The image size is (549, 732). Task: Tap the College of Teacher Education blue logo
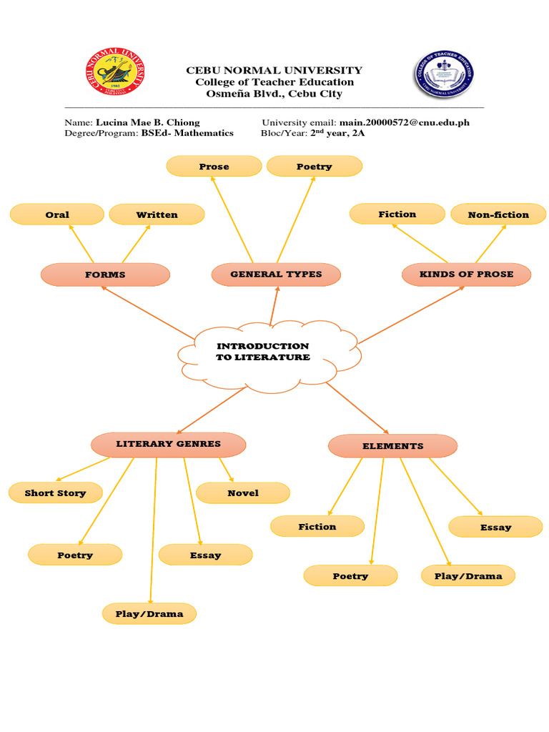point(442,74)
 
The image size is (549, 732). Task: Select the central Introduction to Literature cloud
point(262,352)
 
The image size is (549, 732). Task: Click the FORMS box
point(105,274)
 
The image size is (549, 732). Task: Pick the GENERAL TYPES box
point(276,274)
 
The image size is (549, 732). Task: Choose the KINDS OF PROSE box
point(466,274)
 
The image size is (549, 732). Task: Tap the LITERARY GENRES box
point(169,444)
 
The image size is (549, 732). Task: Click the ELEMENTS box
point(392,446)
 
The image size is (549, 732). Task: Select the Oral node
point(57,214)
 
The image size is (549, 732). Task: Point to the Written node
point(157,214)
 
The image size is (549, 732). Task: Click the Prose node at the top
point(214,167)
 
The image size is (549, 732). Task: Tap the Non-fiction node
point(498,214)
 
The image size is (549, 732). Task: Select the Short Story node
point(55,493)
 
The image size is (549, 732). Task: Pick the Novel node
point(243,493)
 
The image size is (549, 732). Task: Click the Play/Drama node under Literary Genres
point(149,614)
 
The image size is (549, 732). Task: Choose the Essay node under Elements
point(495,527)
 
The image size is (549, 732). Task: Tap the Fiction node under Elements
point(317,527)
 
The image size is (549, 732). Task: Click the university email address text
point(404,122)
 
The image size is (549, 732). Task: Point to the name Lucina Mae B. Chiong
point(148,122)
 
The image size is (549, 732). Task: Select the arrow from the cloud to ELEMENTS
point(357,408)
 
